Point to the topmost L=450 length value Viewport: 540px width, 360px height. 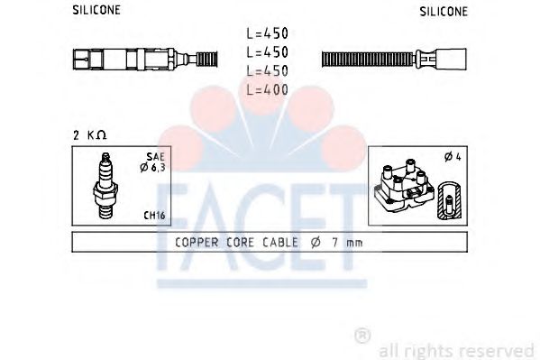[267, 32]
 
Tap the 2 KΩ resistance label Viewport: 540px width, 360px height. [90, 134]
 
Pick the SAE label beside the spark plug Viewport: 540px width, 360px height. [157, 155]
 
